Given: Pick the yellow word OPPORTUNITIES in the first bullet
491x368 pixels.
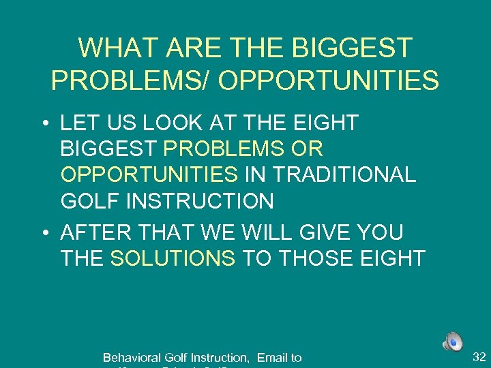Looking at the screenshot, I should coord(149,174).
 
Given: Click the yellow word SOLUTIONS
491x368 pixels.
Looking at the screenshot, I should coord(173,258).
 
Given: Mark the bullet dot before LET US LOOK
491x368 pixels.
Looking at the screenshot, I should coord(44,123).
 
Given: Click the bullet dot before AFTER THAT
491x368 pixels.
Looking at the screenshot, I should coord(44,233).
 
